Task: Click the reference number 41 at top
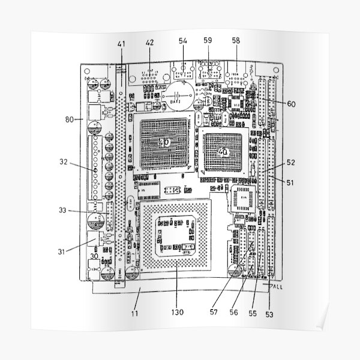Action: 121,43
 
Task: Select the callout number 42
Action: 149,42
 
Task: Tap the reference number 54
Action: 183,41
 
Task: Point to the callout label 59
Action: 208,41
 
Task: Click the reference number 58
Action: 236,41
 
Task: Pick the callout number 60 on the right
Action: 291,103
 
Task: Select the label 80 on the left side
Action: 70,119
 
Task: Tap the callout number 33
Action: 64,211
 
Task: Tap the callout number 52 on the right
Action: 291,162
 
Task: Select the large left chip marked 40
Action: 164,142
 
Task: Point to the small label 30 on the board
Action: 94,255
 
